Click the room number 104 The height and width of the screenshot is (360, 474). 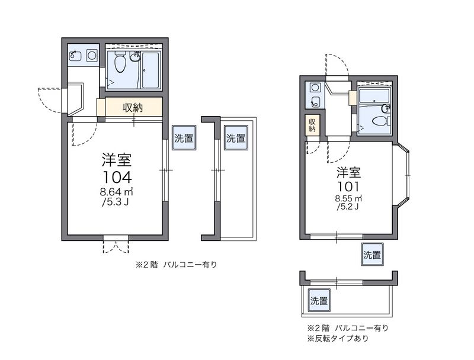[x=117, y=178]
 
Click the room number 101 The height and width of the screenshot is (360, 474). [x=348, y=187]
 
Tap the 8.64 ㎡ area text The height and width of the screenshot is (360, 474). [x=117, y=192]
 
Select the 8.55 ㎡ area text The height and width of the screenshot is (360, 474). [x=348, y=199]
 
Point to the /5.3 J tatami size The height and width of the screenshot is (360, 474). [x=116, y=202]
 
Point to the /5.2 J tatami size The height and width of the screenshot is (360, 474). [x=348, y=207]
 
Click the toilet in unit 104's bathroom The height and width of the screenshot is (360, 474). [x=120, y=62]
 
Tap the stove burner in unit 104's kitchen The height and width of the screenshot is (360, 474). [x=92, y=55]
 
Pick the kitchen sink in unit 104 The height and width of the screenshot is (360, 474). [x=75, y=56]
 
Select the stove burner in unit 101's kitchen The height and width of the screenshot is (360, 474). [x=315, y=88]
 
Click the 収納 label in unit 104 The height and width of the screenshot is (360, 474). [x=132, y=108]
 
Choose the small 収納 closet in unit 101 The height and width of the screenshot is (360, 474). [x=312, y=125]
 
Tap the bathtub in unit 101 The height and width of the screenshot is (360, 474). [x=374, y=96]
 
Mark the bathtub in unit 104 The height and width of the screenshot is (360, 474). [x=150, y=70]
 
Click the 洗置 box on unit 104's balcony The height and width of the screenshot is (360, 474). [x=236, y=138]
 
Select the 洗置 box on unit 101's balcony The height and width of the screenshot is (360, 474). [x=319, y=301]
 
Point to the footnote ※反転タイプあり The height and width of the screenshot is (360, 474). [x=338, y=338]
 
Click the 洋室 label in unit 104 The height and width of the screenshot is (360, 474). [x=117, y=160]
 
